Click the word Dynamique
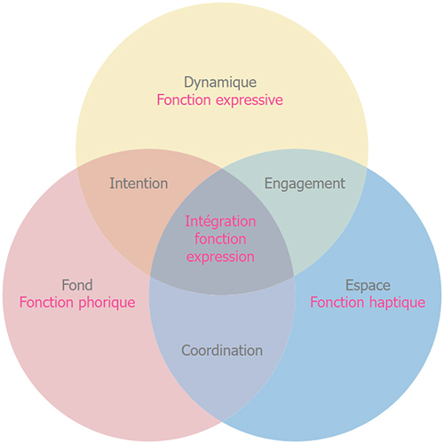click(220, 83)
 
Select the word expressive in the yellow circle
click(250, 100)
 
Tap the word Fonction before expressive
click(184, 99)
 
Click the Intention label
click(139, 183)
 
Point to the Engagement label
click(305, 184)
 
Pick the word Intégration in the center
click(220, 222)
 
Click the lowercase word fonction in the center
click(220, 239)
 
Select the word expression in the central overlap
click(220, 258)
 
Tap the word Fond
click(77, 285)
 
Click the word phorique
click(107, 303)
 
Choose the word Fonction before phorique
click(46, 302)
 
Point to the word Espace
click(368, 286)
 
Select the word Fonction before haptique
click(337, 302)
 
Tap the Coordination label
click(222, 350)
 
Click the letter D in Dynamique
click(189, 82)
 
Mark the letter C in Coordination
click(186, 351)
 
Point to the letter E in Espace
click(350, 285)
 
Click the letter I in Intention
click(112, 183)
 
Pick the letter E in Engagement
click(268, 183)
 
